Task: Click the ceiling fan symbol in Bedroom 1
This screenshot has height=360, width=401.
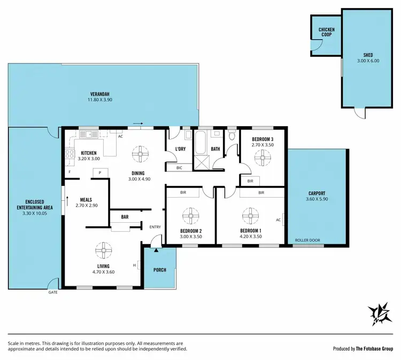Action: pyautogui.click(x=249, y=216)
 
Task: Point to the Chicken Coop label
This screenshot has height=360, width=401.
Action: pyautogui.click(x=326, y=32)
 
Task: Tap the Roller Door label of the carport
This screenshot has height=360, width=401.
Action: pyautogui.click(x=307, y=240)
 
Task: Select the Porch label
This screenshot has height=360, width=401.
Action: pyautogui.click(x=159, y=270)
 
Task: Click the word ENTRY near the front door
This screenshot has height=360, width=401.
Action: pyautogui.click(x=155, y=227)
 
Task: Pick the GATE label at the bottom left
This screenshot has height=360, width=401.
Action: pyautogui.click(x=53, y=293)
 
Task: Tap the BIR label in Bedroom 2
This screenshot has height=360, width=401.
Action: pyautogui.click(x=183, y=192)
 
